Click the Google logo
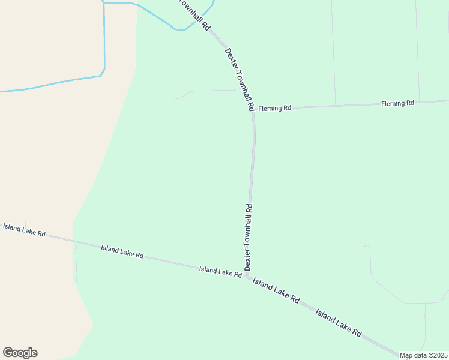tap(20, 353)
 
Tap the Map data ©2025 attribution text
tap(423, 355)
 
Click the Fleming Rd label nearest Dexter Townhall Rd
tap(274, 108)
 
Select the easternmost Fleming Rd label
tap(397, 103)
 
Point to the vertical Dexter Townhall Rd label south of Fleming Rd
tap(248, 237)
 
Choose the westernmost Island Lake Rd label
tap(24, 230)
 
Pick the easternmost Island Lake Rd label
tap(339, 323)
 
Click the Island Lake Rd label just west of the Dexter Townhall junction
tap(220, 271)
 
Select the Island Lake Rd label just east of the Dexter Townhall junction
tap(276, 290)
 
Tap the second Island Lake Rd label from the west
tap(122, 251)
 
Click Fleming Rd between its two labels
tap(336, 106)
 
